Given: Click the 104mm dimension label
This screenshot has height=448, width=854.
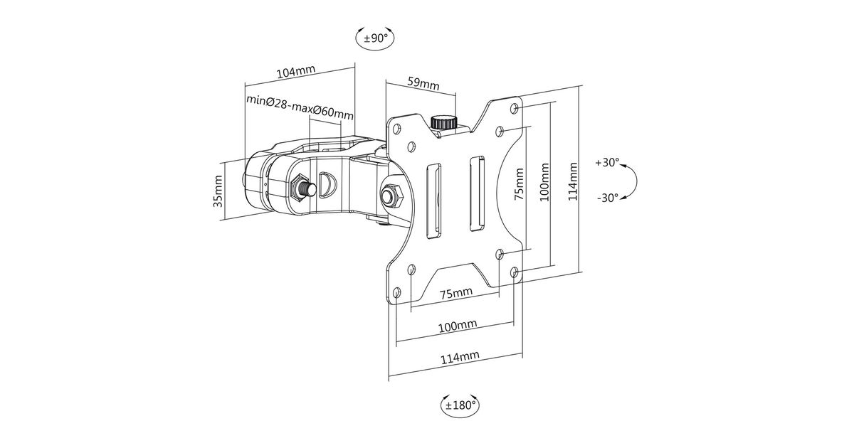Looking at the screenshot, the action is (x=296, y=72).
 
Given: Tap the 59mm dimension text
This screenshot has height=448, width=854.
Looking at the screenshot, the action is (x=423, y=83).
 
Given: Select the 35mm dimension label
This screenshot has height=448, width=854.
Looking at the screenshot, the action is (x=218, y=191).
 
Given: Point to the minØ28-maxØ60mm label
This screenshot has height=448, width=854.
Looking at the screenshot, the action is (x=300, y=107).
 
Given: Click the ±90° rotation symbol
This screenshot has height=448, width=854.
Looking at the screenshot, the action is (x=375, y=38).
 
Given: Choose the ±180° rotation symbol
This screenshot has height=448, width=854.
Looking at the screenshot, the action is (x=460, y=405).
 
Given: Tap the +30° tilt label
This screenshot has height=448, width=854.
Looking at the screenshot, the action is (x=607, y=162).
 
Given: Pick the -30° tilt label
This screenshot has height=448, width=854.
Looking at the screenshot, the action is (x=607, y=198).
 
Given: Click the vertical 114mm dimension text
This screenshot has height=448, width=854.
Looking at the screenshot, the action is (x=573, y=181).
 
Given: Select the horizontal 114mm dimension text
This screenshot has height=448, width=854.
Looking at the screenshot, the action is (x=460, y=357).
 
